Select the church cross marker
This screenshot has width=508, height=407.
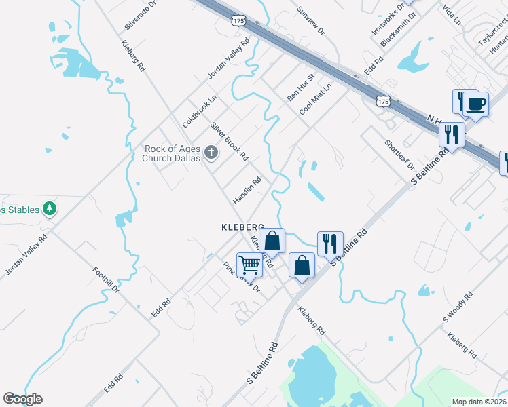[211, 153]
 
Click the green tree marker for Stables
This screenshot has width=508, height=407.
[49, 208]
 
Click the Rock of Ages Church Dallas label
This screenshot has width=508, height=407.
[173, 153]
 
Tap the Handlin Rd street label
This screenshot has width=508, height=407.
[247, 191]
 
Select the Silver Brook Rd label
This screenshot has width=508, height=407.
[229, 141]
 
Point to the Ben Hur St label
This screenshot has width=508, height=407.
[302, 88]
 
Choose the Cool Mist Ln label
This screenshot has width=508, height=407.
[318, 98]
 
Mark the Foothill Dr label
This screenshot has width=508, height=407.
[106, 280]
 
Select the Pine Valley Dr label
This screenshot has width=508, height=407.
[242, 277]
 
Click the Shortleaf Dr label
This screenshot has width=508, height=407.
[399, 155]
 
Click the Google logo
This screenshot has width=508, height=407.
[22, 399]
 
